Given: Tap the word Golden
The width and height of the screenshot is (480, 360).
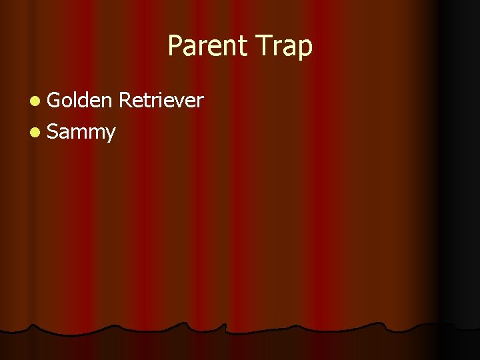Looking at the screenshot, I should click(79, 100).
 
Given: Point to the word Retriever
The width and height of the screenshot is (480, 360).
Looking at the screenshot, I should click(161, 100).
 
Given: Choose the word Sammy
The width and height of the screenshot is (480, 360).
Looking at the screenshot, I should click(82, 132).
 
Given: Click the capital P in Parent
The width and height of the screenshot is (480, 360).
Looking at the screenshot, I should click(174, 45).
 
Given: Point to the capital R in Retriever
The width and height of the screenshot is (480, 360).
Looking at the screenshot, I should click(124, 100).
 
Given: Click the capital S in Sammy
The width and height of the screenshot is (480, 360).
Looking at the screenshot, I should click(53, 131).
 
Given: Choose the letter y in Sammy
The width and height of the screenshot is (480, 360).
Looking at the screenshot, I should click(110, 134).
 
